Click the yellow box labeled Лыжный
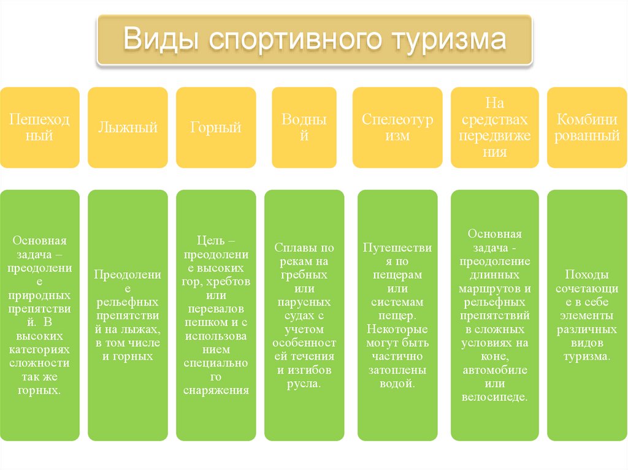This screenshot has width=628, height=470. [128, 127]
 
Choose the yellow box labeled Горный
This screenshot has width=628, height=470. [216, 127]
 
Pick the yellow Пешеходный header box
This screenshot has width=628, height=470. [39, 127]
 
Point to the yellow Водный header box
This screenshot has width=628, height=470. [304, 127]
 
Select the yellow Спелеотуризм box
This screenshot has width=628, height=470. [397, 127]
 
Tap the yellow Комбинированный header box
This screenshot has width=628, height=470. [587, 127]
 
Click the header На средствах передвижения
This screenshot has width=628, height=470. [495, 127]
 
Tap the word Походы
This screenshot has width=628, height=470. [587, 273]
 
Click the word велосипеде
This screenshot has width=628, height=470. [494, 397]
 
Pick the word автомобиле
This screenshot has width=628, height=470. [494, 370]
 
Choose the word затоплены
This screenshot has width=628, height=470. [397, 370]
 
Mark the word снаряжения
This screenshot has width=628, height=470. [216, 390]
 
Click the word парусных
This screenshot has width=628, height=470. [304, 302]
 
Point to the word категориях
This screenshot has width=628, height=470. [39, 349]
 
